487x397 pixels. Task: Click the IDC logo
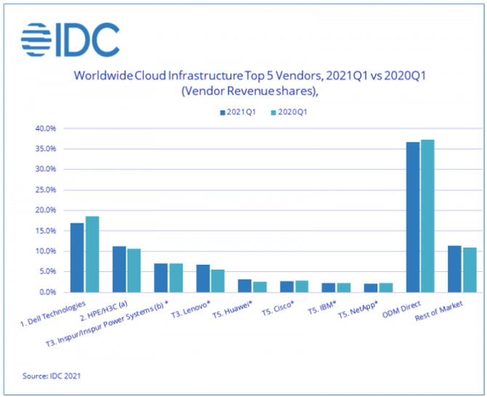(x=70, y=39)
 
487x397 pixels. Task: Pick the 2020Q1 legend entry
(x=288, y=113)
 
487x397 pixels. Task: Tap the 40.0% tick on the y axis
(x=45, y=129)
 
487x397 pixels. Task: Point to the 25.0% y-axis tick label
(x=45, y=190)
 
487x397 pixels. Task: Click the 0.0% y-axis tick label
(x=47, y=292)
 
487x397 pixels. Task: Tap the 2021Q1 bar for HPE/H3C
(x=118, y=269)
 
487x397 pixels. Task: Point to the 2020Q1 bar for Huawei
(x=259, y=286)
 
